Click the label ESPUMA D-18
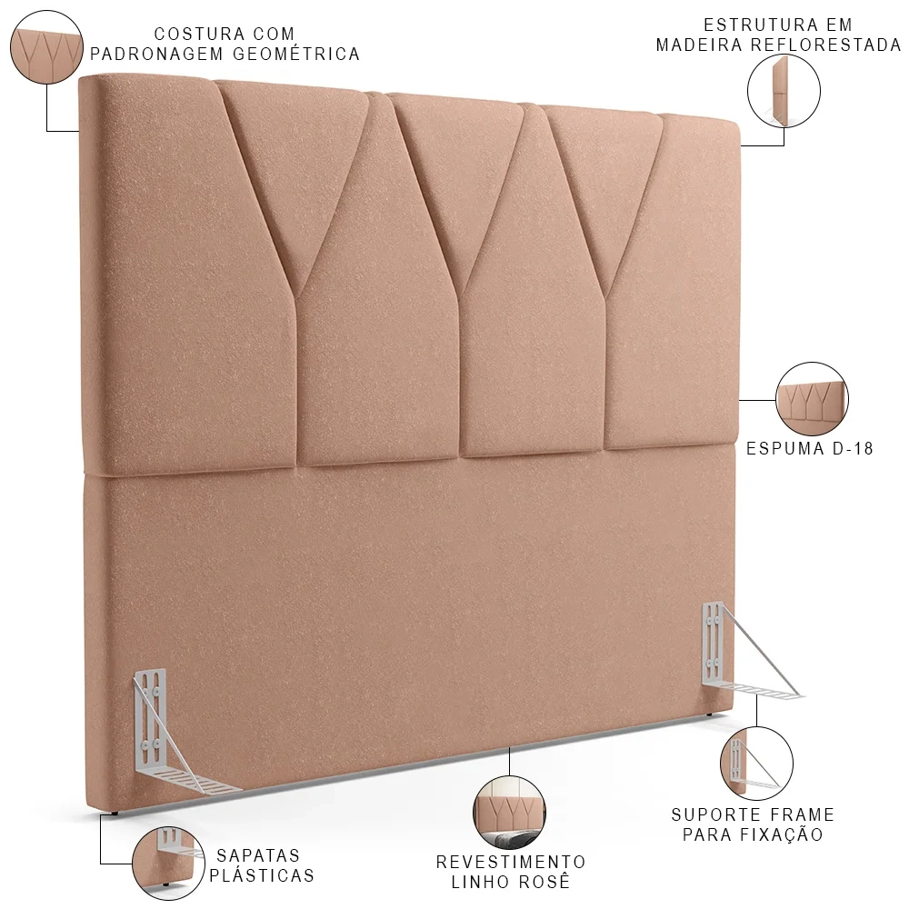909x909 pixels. click(x=810, y=448)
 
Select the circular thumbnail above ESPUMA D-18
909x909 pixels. click(x=811, y=397)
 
